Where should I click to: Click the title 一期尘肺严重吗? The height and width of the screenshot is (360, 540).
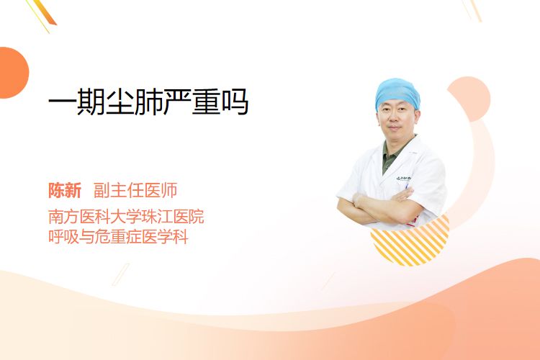point(148,102)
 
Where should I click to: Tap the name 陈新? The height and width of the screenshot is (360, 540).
point(65,190)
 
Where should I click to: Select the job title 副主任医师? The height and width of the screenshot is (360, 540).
point(135,190)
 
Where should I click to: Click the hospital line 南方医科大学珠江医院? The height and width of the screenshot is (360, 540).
point(126,216)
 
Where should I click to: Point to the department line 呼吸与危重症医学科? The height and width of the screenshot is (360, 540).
point(118,237)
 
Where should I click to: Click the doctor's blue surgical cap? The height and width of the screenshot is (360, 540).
point(397,93)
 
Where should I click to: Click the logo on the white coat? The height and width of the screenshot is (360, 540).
point(403,179)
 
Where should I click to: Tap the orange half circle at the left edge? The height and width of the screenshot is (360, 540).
point(14,73)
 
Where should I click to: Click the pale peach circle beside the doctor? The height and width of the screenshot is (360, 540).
point(469,99)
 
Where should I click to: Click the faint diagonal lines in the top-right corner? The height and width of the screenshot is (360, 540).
point(472,10)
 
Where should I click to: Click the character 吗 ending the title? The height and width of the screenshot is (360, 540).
point(235,102)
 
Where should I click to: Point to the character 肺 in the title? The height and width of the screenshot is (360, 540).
point(149,102)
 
